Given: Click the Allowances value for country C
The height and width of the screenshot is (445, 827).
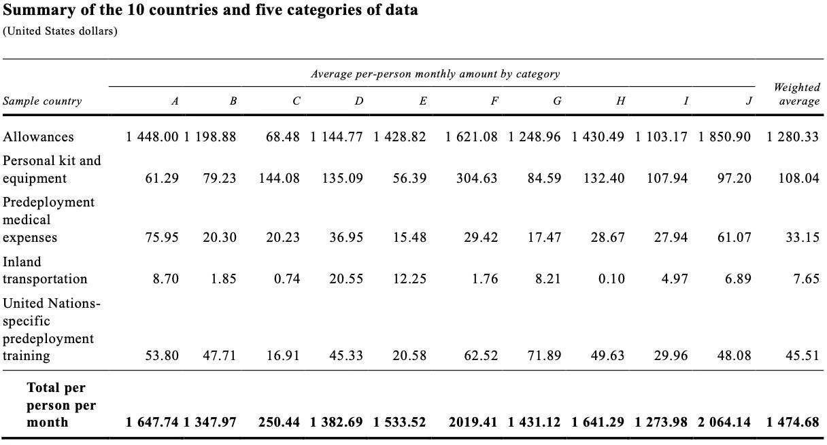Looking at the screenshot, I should (x=282, y=137).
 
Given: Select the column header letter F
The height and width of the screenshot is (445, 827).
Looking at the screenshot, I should (x=494, y=101).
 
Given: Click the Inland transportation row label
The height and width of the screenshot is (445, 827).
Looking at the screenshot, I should (x=45, y=270).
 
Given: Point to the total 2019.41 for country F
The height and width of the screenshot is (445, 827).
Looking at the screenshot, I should (x=473, y=422).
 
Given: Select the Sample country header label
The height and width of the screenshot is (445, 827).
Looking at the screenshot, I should (x=42, y=101).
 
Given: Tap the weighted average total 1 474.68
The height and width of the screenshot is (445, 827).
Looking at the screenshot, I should (x=792, y=422).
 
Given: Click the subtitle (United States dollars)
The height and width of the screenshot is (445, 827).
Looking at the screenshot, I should (x=60, y=31).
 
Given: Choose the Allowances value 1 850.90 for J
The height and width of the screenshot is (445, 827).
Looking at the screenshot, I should (x=724, y=137).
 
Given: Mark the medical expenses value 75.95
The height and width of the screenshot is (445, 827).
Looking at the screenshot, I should (x=162, y=238).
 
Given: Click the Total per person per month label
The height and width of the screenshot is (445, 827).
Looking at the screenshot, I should (x=61, y=405).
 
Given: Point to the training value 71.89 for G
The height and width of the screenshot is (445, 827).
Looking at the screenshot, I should (x=545, y=356).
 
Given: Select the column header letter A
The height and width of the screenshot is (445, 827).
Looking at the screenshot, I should (x=175, y=101).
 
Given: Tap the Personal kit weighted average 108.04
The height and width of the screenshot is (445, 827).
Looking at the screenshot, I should (x=798, y=178).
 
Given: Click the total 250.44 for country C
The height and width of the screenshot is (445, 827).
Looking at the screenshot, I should (x=279, y=422).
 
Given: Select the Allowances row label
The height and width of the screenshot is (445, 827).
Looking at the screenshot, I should (x=38, y=137).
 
